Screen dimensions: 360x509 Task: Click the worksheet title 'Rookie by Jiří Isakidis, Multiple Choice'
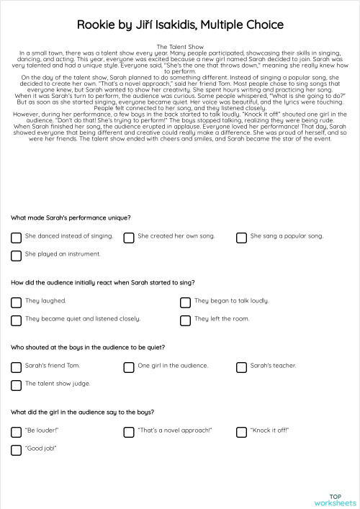click(180, 25)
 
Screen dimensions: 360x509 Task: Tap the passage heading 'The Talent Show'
click(180, 46)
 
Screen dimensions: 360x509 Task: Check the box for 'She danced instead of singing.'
click(16, 237)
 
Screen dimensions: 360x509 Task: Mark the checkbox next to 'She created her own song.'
click(129, 237)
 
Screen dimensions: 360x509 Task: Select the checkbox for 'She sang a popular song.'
click(241, 237)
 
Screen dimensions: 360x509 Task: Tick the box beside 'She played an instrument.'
click(16, 255)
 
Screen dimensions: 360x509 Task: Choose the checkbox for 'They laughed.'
click(16, 302)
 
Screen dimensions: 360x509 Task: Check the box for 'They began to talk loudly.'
click(185, 302)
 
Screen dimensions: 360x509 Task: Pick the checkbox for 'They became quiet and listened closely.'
click(16, 320)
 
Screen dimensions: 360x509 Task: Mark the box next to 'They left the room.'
click(185, 320)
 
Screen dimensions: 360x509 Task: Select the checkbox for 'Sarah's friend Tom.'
click(16, 366)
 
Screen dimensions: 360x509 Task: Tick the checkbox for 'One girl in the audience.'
click(129, 366)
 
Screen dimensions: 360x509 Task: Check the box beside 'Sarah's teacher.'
click(241, 366)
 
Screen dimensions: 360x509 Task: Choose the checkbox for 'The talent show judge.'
click(16, 384)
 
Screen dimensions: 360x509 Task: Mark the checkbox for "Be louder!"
click(16, 431)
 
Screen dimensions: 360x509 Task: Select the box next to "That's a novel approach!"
click(129, 431)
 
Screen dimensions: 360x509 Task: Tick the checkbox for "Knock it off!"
click(241, 431)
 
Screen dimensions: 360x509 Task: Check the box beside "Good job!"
click(16, 449)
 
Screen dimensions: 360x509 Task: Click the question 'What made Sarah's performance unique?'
click(71, 217)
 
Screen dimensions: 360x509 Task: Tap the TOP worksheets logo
click(335, 499)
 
